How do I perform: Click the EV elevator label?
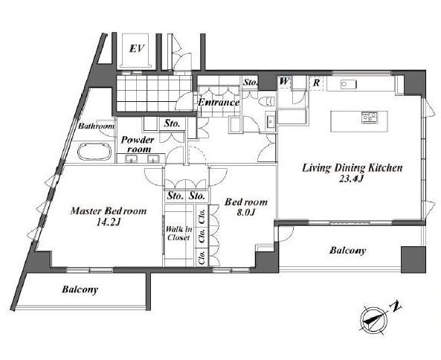pos(137,49)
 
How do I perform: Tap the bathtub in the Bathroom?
pos(94,152)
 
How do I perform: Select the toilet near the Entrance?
pos(266,101)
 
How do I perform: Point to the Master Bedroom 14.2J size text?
pos(109,223)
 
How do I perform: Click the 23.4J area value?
pos(352,179)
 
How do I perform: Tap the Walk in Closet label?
pos(178,234)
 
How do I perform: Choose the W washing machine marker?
pos(284,82)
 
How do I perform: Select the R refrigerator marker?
pos(316,83)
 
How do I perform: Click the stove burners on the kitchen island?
pos(370,118)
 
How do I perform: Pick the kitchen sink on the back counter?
pos(349,84)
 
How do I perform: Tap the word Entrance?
pos(219,103)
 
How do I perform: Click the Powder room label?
pos(138,144)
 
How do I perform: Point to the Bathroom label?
pos(96,126)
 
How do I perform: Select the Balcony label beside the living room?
pos(347,251)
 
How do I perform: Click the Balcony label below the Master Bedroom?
pos(80,289)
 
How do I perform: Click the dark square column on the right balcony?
pos(413,260)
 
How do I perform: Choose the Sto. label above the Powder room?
pos(172,123)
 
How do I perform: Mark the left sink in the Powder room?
pos(132,159)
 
